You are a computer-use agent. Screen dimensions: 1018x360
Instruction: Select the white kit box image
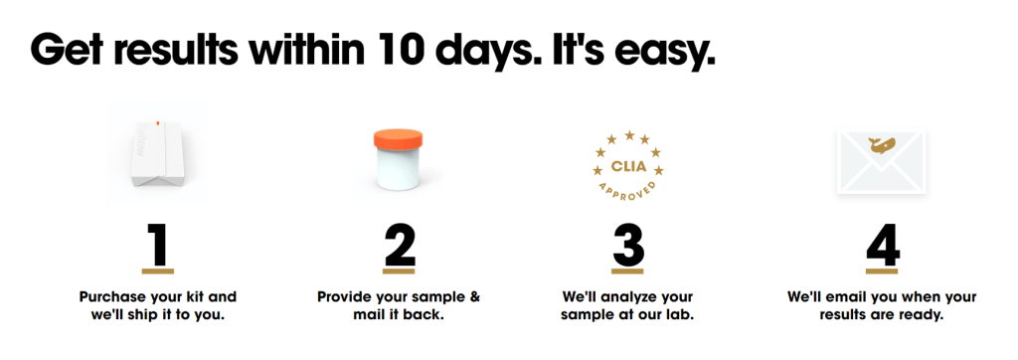point(157,154)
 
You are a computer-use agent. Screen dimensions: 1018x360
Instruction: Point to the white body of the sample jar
point(399,169)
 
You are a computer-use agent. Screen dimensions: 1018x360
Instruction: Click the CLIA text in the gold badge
point(628,166)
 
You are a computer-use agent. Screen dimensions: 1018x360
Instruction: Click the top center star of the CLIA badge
point(628,135)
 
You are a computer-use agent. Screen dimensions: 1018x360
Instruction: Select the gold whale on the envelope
point(881,145)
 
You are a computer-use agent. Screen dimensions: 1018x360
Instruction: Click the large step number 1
point(159,245)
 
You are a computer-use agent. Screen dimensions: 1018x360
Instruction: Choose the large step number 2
point(399,245)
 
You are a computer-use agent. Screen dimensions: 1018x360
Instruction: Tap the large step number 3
point(628,245)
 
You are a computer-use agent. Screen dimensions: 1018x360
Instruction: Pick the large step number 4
point(883,245)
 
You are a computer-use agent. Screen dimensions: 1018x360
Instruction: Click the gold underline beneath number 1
point(158,270)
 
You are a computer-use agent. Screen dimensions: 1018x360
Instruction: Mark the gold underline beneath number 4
point(883,270)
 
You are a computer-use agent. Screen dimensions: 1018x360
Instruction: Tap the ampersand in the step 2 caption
point(474,297)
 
